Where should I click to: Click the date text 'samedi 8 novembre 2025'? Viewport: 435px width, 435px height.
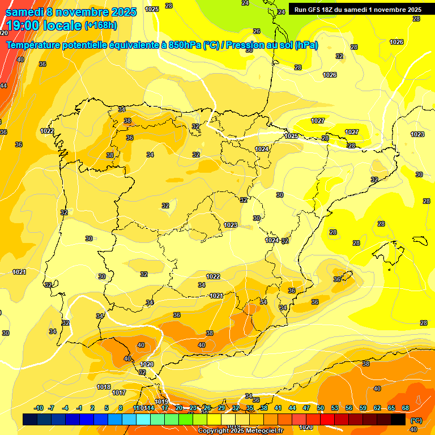coord(71,12)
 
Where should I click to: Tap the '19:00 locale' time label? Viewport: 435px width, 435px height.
coord(44,25)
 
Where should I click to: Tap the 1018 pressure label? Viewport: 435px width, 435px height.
coord(104,387)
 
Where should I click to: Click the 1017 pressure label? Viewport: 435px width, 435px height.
coord(119,393)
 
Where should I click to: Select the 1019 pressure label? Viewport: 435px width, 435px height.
coord(161,402)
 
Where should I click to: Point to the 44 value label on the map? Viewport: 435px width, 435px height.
coord(3,86)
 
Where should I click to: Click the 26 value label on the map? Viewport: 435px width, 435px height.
coord(257,31)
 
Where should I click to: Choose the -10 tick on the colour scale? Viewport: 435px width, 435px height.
coord(39,408)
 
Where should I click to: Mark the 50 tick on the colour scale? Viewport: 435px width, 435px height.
coord(321,408)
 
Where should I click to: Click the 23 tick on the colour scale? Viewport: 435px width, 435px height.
coord(193,408)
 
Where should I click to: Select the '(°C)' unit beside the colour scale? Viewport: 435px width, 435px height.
coord(416,420)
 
